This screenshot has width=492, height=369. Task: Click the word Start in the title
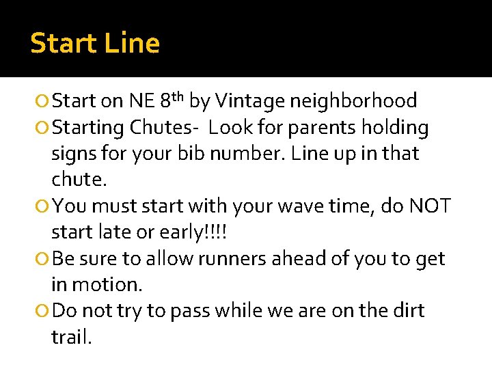tap(64, 44)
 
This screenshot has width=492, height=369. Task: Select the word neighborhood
tap(353, 102)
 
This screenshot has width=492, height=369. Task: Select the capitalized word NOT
tap(430, 206)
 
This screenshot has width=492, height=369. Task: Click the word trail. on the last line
tap(71, 337)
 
